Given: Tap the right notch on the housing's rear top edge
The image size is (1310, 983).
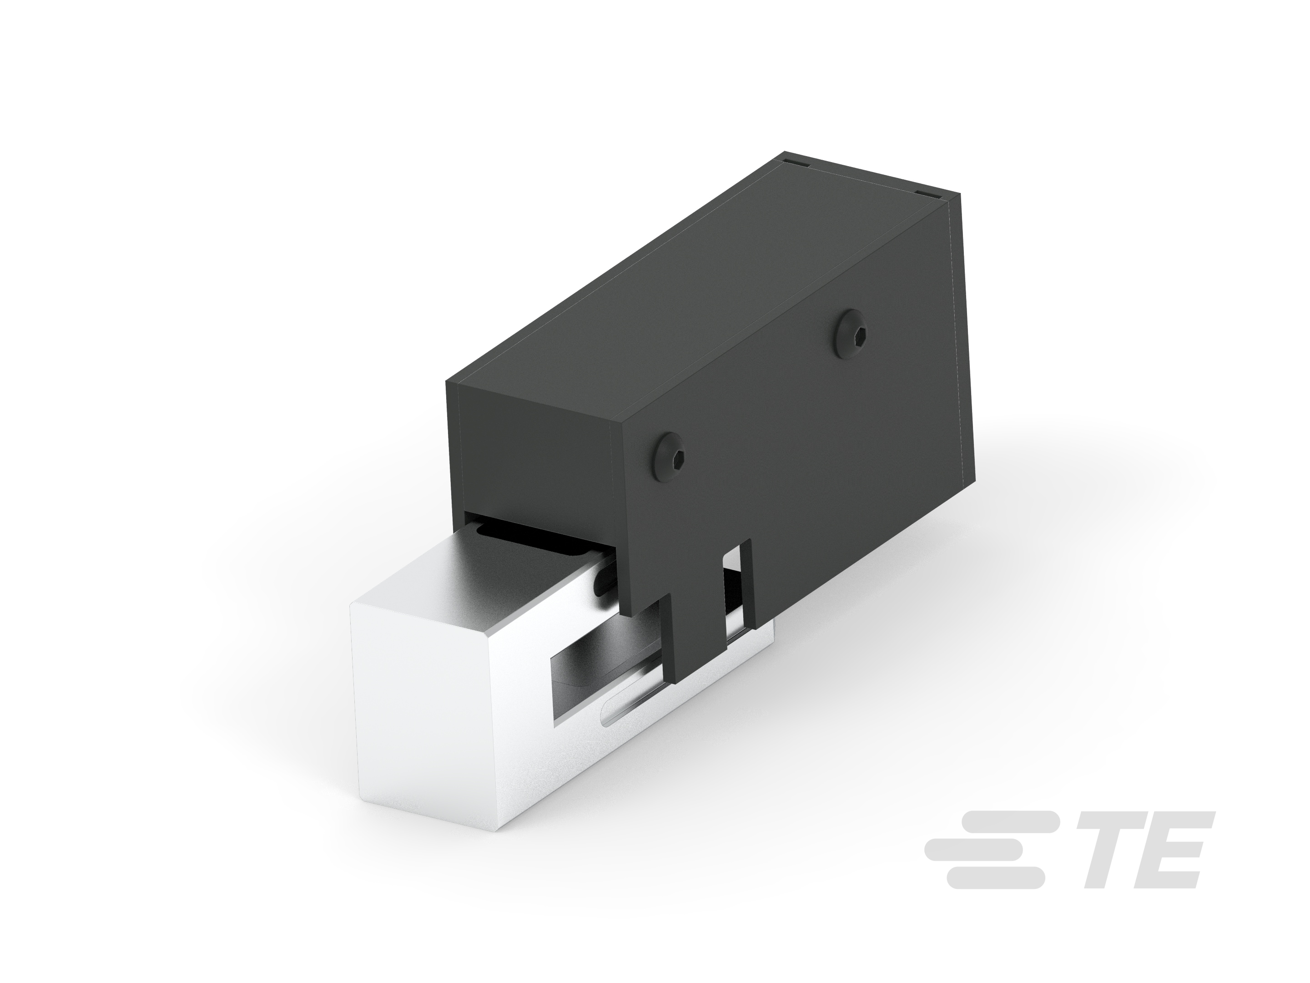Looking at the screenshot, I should click(924, 194).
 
